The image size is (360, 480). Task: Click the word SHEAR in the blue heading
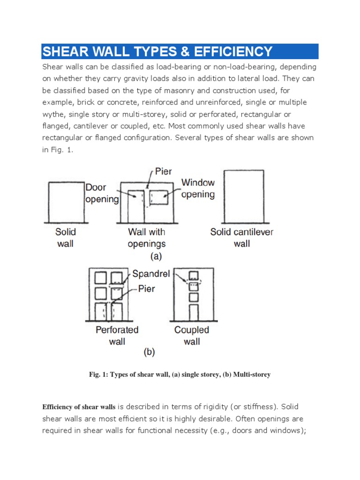[x=64, y=52]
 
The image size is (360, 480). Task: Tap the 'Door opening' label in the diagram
[x=102, y=193]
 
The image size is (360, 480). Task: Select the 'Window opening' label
[x=198, y=188]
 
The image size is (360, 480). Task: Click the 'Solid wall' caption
[x=65, y=237]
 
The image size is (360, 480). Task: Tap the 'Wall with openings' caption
[x=147, y=237]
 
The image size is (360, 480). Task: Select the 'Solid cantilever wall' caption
[x=241, y=237]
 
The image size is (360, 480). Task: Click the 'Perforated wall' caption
[x=117, y=335]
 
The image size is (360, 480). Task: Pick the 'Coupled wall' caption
[x=191, y=335]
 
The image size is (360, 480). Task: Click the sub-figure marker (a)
[x=156, y=257]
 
